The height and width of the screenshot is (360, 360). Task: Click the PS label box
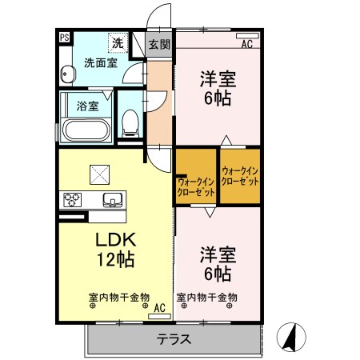(63, 36)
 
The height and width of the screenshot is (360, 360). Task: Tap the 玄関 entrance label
(159, 45)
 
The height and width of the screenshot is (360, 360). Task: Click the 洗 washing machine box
(118, 42)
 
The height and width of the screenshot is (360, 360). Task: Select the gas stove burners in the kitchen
(73, 199)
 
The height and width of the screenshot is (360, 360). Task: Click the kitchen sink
(110, 199)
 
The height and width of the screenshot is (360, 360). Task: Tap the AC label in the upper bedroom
(246, 44)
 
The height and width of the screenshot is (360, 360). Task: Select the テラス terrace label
(175, 338)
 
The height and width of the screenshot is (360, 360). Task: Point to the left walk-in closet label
(195, 187)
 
